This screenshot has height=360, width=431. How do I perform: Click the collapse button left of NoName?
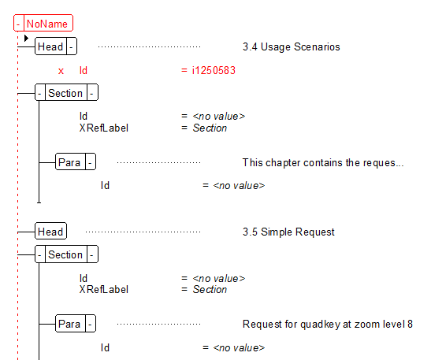(x=19, y=24)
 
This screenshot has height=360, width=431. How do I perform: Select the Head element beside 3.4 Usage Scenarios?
(x=50, y=47)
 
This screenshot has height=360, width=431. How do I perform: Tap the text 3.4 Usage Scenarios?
(x=291, y=47)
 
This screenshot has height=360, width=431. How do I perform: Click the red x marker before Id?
(x=61, y=70)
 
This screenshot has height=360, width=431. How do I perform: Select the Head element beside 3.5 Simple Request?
(x=50, y=232)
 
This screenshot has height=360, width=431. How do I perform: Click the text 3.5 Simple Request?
(x=288, y=232)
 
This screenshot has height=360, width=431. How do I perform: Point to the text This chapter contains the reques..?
(x=322, y=162)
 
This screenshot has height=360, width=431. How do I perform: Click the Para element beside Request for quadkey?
(x=69, y=324)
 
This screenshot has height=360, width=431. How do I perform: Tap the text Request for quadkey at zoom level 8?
(x=327, y=324)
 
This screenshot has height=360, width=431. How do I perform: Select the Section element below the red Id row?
(x=65, y=93)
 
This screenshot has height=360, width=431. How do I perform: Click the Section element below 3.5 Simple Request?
(x=65, y=254)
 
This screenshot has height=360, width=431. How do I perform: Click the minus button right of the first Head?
(x=72, y=47)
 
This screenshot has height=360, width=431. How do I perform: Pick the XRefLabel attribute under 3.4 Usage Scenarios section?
(x=103, y=128)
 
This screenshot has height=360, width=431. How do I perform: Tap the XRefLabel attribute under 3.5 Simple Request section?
(x=103, y=289)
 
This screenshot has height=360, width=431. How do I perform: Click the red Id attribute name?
(x=84, y=70)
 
